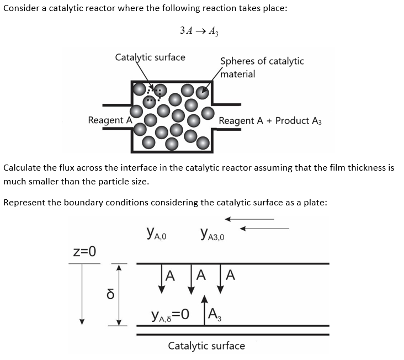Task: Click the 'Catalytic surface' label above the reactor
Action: tap(150, 57)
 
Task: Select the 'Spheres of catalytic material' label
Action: tap(262, 67)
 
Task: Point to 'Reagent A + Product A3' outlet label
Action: tap(270, 120)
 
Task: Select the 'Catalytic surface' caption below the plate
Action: tap(206, 346)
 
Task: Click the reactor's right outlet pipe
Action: tap(226, 105)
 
